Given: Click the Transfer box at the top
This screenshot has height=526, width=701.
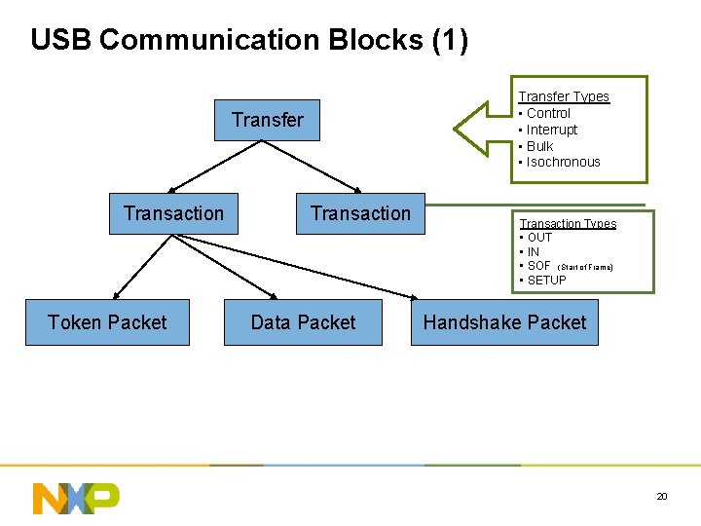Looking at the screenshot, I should click(x=267, y=121).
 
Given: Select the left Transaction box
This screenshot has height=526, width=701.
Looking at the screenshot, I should click(x=173, y=214).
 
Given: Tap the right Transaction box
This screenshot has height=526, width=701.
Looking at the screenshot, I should click(x=360, y=214).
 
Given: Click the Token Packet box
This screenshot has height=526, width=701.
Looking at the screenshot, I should click(x=107, y=322).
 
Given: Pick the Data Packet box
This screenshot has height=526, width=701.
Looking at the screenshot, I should click(x=303, y=322).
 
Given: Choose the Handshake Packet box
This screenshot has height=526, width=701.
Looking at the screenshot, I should click(x=504, y=322).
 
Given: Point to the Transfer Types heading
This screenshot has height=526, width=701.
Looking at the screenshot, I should click(x=563, y=96).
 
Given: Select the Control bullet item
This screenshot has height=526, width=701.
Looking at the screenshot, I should click(x=547, y=113).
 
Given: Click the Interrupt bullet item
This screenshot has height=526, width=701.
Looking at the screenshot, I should click(x=551, y=130).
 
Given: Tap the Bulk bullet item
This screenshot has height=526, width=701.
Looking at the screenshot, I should click(x=539, y=146).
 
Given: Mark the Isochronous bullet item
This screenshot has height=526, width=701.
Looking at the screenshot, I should click(x=563, y=162).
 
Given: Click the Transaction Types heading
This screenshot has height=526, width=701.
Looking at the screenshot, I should click(x=568, y=224).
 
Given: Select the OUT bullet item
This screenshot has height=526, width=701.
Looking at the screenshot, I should click(x=538, y=238).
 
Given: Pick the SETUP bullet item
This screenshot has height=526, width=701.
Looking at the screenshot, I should click(x=545, y=281).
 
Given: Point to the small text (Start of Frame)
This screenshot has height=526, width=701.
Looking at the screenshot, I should click(x=584, y=267).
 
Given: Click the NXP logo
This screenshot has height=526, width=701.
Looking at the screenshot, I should click(x=76, y=498).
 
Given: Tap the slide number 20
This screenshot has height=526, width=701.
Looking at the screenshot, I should click(x=662, y=497).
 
